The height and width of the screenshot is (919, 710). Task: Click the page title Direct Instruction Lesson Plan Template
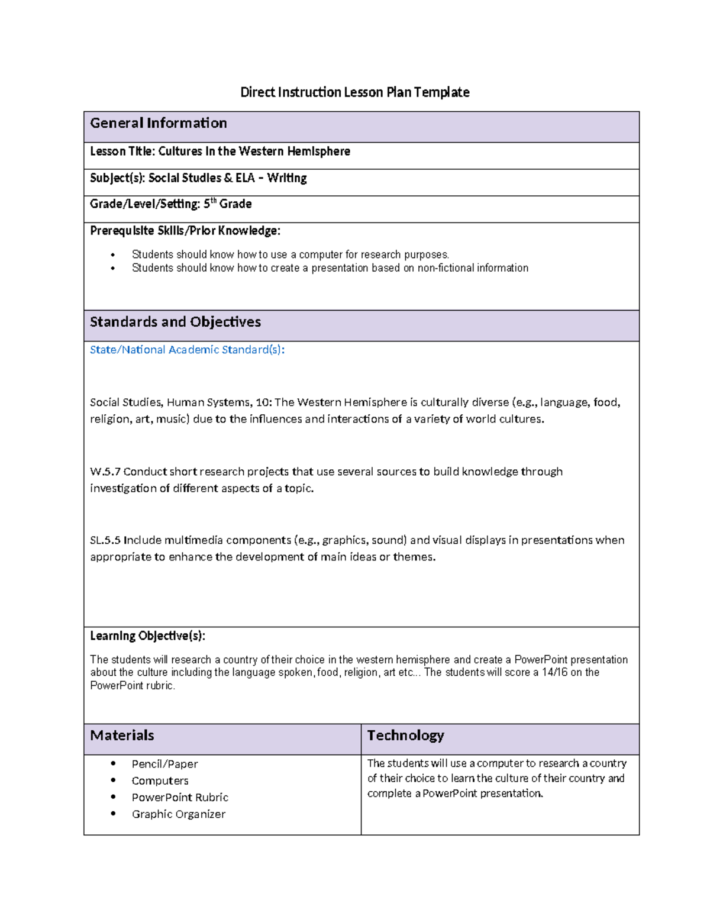354,92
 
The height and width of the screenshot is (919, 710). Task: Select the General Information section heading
158,123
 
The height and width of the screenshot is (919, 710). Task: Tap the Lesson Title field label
122,151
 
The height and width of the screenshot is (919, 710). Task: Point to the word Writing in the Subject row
286,178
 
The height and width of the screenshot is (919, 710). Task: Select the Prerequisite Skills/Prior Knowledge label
185,231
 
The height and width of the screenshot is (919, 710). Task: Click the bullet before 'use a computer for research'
113,255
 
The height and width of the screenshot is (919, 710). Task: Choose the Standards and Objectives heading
175,322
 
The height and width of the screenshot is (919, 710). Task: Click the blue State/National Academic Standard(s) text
187,350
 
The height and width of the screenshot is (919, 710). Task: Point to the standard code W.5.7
105,472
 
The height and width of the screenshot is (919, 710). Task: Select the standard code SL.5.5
105,540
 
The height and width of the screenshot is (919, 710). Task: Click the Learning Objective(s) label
147,636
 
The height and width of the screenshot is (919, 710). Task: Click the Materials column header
122,736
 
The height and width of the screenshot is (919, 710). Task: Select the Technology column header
405,736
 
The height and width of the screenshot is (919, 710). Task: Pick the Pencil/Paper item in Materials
164,765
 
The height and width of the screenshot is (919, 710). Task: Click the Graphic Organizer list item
178,814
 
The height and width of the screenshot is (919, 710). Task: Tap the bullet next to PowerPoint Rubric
113,797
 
